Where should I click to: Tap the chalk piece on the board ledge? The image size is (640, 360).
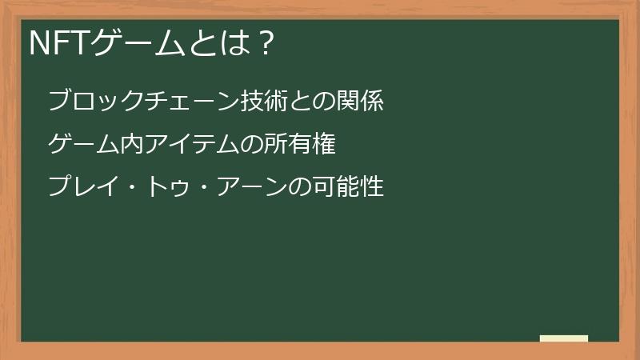point(564,338)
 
